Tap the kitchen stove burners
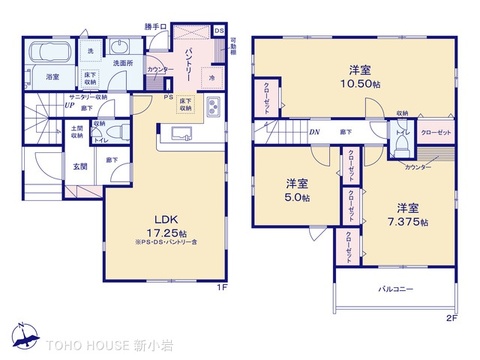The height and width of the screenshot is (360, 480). pyautogui.click(x=212, y=109)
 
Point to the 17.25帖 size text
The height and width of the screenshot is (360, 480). pyautogui.click(x=166, y=232)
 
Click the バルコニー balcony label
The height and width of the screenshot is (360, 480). pyautogui.click(x=397, y=290)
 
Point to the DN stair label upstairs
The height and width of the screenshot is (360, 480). pyautogui.click(x=314, y=131)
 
